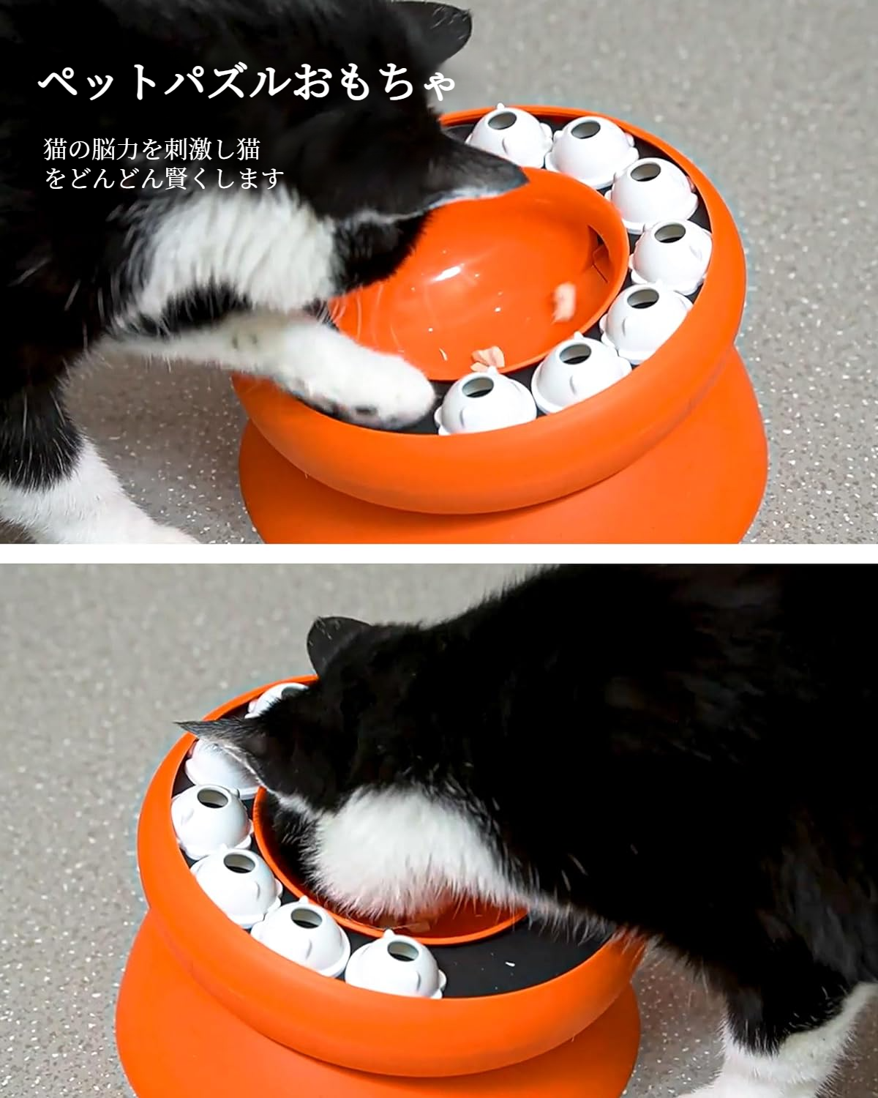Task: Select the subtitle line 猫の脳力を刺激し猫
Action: (151, 150)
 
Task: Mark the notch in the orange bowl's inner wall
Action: (601, 256)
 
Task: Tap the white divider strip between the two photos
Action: (439, 553)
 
